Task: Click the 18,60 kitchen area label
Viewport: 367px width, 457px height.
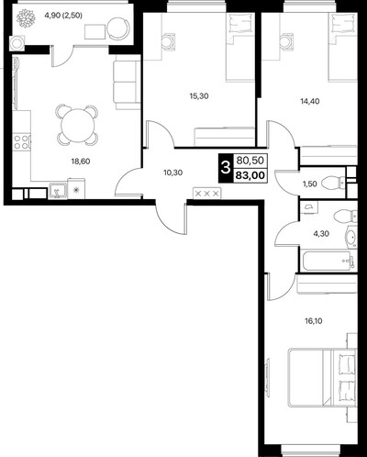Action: point(81,161)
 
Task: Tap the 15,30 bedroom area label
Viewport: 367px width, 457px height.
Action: point(199,96)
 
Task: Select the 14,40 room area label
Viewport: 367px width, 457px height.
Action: point(310,101)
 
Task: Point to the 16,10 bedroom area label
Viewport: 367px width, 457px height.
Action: point(314,321)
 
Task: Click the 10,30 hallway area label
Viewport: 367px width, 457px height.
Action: point(173,173)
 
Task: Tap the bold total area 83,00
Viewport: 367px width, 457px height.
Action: point(250,176)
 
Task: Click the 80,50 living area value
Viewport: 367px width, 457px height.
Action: point(250,161)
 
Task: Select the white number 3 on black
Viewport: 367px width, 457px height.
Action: point(226,168)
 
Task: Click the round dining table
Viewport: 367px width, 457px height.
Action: point(77,125)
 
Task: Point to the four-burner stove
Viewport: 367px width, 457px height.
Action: point(22,141)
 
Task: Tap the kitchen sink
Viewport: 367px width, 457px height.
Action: point(58,190)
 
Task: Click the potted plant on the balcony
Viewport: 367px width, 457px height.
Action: point(26,18)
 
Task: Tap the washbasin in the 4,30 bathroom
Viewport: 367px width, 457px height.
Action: point(351,238)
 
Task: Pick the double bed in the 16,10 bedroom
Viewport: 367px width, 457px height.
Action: point(322,377)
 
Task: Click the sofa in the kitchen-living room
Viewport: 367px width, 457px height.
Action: point(127,84)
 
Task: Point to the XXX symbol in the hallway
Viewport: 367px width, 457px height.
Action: point(206,194)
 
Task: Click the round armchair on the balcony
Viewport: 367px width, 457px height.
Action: point(118,28)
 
